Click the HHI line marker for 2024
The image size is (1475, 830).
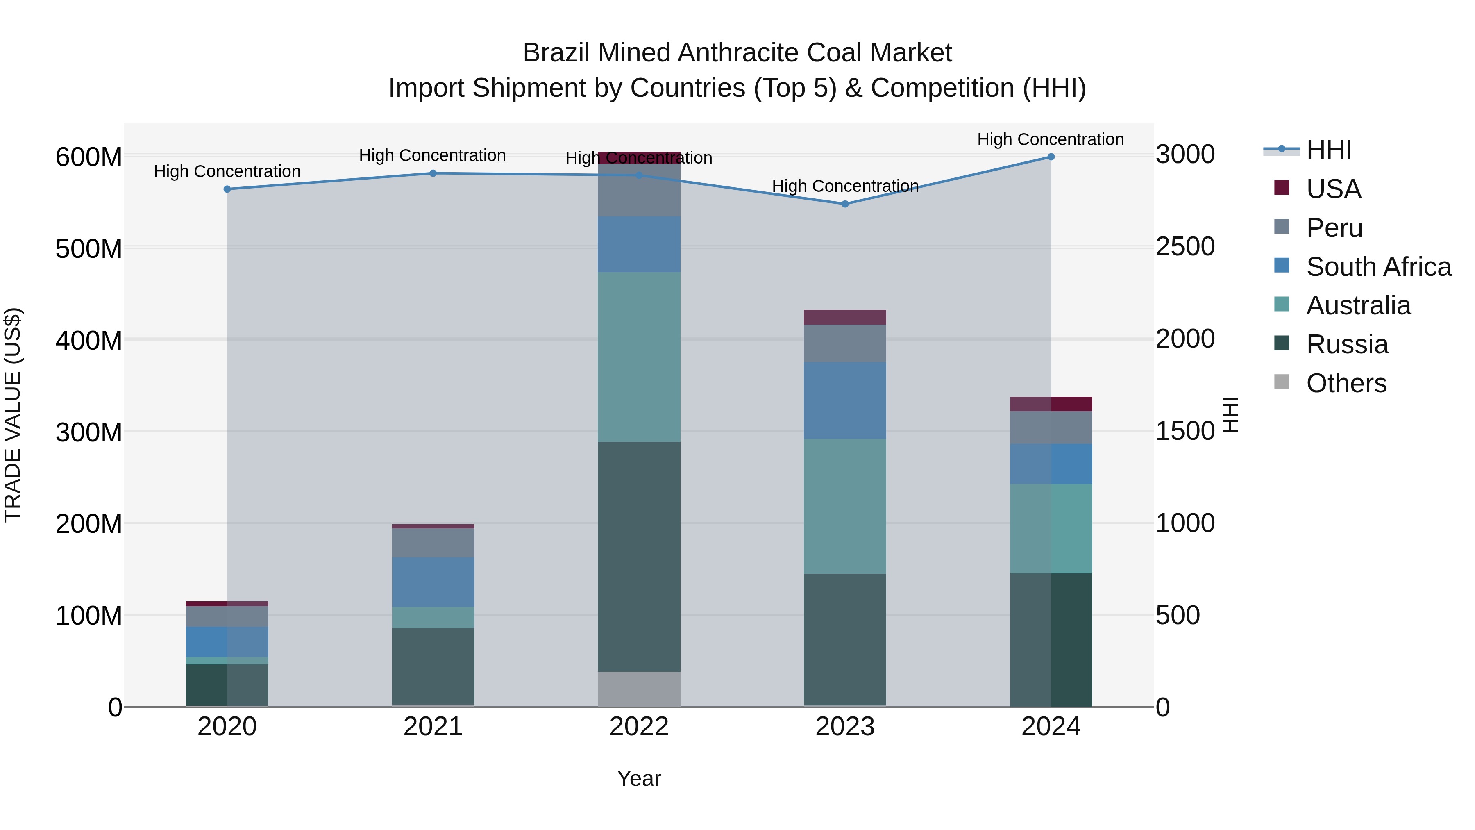1051,157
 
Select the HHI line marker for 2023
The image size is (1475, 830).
844,204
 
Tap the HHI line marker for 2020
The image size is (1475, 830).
227,189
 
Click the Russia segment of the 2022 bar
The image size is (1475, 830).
639,556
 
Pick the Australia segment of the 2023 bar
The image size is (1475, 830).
844,506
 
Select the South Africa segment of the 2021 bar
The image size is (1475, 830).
433,582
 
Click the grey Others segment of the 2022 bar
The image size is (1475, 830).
639,689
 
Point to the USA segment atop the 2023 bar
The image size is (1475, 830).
844,317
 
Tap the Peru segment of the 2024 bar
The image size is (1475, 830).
1051,428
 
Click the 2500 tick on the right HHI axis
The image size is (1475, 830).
1185,247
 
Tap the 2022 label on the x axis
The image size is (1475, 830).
639,727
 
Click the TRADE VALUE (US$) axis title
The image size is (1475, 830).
13,415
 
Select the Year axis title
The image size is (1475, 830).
639,778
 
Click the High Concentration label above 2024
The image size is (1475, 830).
1051,139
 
